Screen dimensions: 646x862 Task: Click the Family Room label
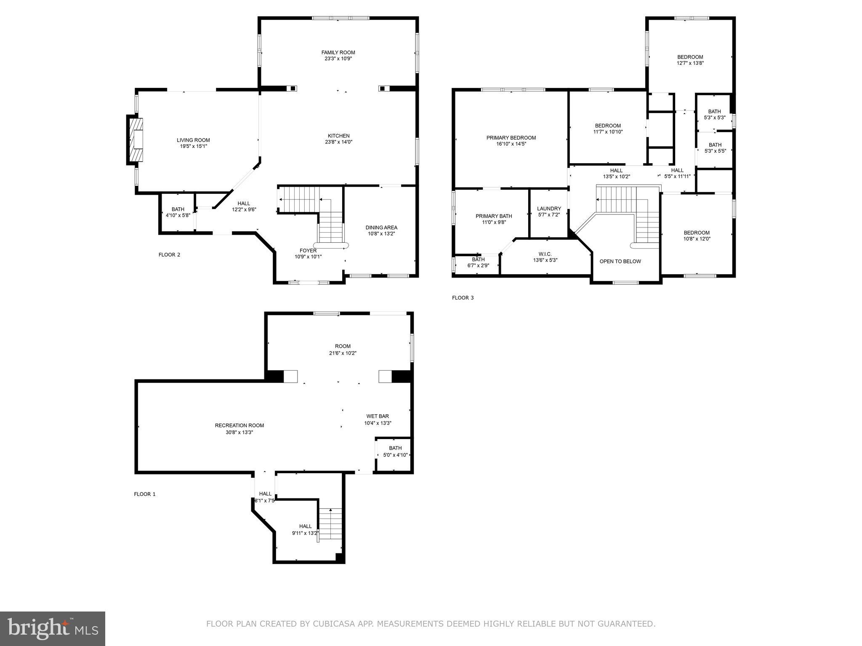pos(338,53)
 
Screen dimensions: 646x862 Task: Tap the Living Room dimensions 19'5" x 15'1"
pos(193,146)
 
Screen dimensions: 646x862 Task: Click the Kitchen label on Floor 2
pos(338,136)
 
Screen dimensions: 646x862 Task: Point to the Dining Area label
pos(381,228)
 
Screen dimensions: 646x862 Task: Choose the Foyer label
pos(308,251)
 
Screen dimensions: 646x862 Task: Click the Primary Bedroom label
pos(511,138)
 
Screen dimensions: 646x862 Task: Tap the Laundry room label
pos(549,209)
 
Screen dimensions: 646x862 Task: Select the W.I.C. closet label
pos(545,254)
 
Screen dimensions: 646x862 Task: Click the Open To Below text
pos(620,262)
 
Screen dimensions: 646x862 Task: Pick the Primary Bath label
pos(494,216)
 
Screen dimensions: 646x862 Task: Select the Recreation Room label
pos(239,426)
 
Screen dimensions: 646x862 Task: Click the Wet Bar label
pos(378,416)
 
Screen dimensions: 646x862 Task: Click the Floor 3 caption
pos(463,298)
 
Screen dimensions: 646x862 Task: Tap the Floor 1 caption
pos(144,494)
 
